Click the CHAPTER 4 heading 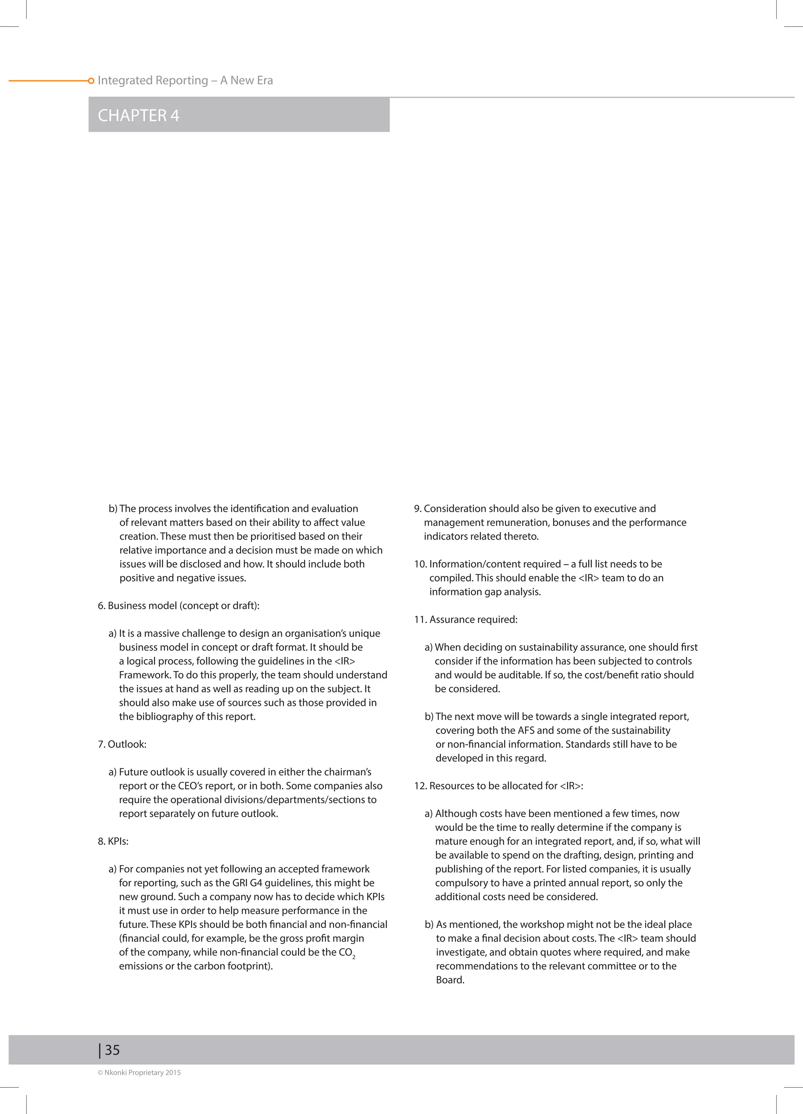click(x=138, y=115)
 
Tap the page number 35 click(x=112, y=1050)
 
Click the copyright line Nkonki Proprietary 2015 click(x=140, y=1072)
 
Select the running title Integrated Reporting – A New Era click(x=185, y=80)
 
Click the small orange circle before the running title click(x=91, y=80)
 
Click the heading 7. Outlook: click(x=122, y=744)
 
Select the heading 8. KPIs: click(x=113, y=841)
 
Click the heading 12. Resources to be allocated click(x=498, y=785)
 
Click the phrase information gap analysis click(x=484, y=591)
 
